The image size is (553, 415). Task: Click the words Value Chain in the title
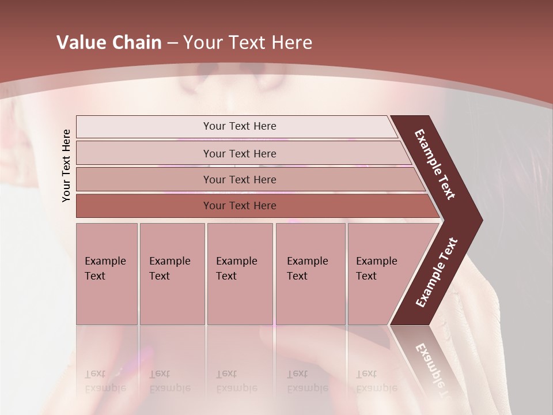109,43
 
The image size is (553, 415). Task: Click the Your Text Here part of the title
248,43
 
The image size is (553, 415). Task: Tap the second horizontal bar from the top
239,153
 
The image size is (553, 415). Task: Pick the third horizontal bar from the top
239,179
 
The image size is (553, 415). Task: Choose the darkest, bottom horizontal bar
239,206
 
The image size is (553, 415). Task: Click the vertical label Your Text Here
66,165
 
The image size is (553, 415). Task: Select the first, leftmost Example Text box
107,274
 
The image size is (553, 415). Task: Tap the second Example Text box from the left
172,274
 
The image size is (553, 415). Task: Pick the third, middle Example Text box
240,274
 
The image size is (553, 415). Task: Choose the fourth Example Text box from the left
310,274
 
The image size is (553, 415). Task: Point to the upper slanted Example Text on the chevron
435,164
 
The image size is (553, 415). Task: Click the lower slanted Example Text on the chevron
437,272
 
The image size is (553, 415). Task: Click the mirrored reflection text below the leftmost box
105,381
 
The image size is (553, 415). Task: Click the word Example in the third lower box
236,261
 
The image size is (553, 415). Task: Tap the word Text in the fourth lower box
297,276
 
